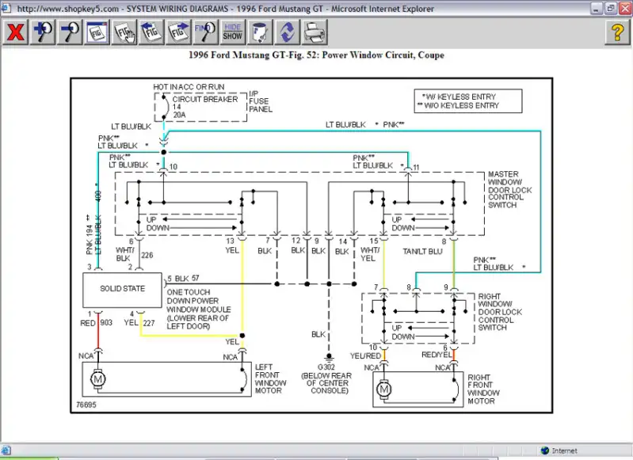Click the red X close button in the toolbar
tap(15, 32)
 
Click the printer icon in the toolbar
tap(314, 32)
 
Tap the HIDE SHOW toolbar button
tap(233, 32)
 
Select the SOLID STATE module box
tap(122, 290)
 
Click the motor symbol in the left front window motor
tap(98, 379)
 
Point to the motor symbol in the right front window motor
tap(384, 390)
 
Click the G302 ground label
tap(326, 367)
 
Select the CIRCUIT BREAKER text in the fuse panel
tap(205, 99)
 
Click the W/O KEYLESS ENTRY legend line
tap(458, 106)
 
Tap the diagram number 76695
tap(86, 405)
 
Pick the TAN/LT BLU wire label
tap(422, 252)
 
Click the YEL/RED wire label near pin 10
tap(365, 356)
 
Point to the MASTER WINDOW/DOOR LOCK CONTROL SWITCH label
tap(510, 190)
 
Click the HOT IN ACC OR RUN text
tap(189, 87)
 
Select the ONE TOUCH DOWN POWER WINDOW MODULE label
tap(199, 309)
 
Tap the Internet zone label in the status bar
tap(564, 450)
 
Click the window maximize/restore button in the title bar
tap(610, 8)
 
